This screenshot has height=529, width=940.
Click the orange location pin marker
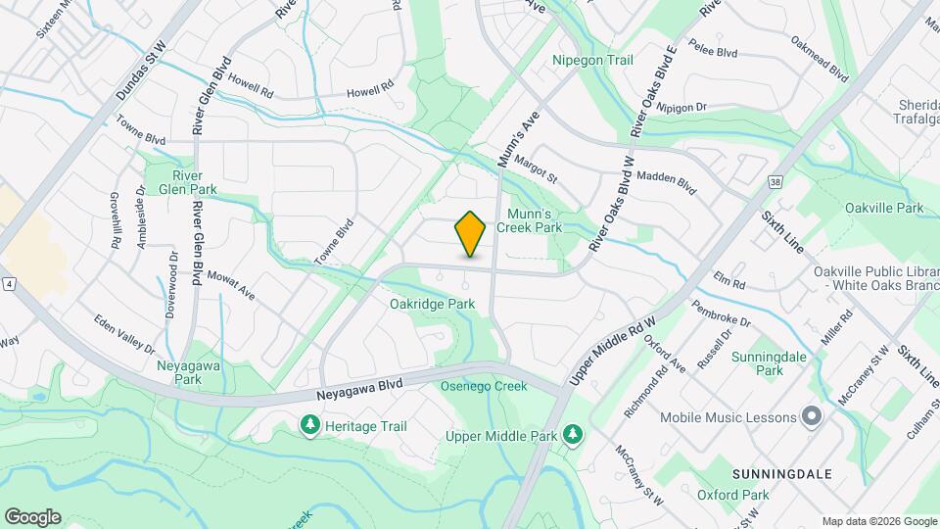click(x=471, y=234)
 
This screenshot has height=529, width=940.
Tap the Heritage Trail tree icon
click(x=309, y=425)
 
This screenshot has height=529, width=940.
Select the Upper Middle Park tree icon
click(x=573, y=434)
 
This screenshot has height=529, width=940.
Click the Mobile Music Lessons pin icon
click(x=812, y=417)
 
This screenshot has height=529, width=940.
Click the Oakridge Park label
click(x=432, y=305)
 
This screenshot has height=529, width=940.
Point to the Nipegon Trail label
click(x=593, y=60)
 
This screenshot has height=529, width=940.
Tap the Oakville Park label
click(x=884, y=209)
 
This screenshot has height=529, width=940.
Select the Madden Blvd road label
click(x=666, y=180)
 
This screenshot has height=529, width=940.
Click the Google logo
click(x=32, y=517)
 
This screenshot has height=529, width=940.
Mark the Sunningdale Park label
click(x=770, y=363)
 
